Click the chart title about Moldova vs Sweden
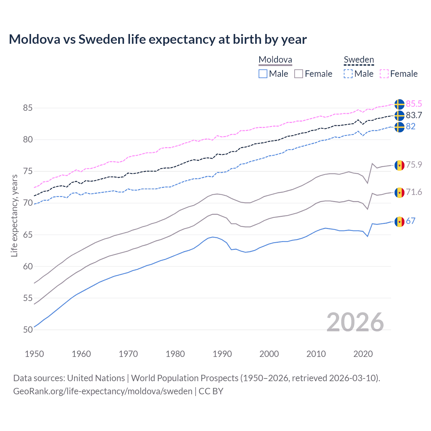(158, 39)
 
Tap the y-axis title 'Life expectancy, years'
(14, 215)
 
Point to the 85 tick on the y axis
(28, 108)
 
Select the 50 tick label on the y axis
(28, 330)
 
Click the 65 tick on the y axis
(28, 235)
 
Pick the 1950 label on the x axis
(34, 354)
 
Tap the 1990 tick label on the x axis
(222, 354)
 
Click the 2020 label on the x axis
(363, 354)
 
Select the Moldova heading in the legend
(275, 60)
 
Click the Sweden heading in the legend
(359, 60)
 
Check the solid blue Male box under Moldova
(263, 74)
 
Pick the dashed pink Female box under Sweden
(384, 74)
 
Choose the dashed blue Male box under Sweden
(348, 74)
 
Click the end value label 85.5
(414, 104)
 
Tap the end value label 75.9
(414, 165)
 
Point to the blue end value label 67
(410, 221)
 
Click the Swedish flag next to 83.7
(399, 115)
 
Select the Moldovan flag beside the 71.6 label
(399, 193)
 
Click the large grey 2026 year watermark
(355, 322)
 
